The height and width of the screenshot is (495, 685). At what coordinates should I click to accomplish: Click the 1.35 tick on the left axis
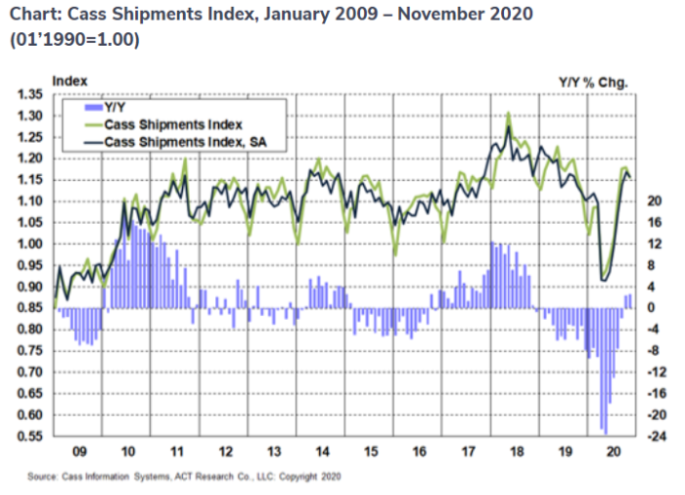pos(30,95)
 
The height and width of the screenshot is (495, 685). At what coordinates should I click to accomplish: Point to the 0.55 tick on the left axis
pos(30,435)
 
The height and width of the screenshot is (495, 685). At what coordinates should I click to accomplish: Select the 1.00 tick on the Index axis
pos(30,244)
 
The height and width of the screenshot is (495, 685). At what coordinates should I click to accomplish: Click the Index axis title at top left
pos(69,79)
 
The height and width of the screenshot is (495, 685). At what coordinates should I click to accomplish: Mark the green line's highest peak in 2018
pos(508,113)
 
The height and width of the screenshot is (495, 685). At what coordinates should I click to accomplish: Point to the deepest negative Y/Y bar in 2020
pos(605,431)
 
